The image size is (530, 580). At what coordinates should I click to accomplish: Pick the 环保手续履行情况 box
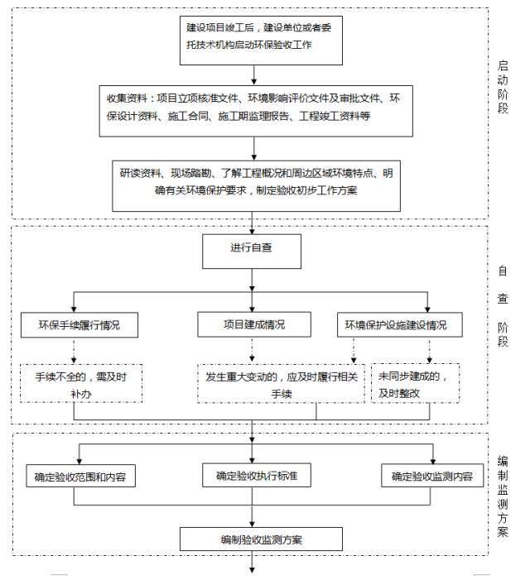[79, 325]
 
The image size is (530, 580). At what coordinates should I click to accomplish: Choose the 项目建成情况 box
[253, 324]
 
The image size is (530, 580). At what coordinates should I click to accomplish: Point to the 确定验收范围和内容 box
[80, 477]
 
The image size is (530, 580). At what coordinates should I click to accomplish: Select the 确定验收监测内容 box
[431, 477]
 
